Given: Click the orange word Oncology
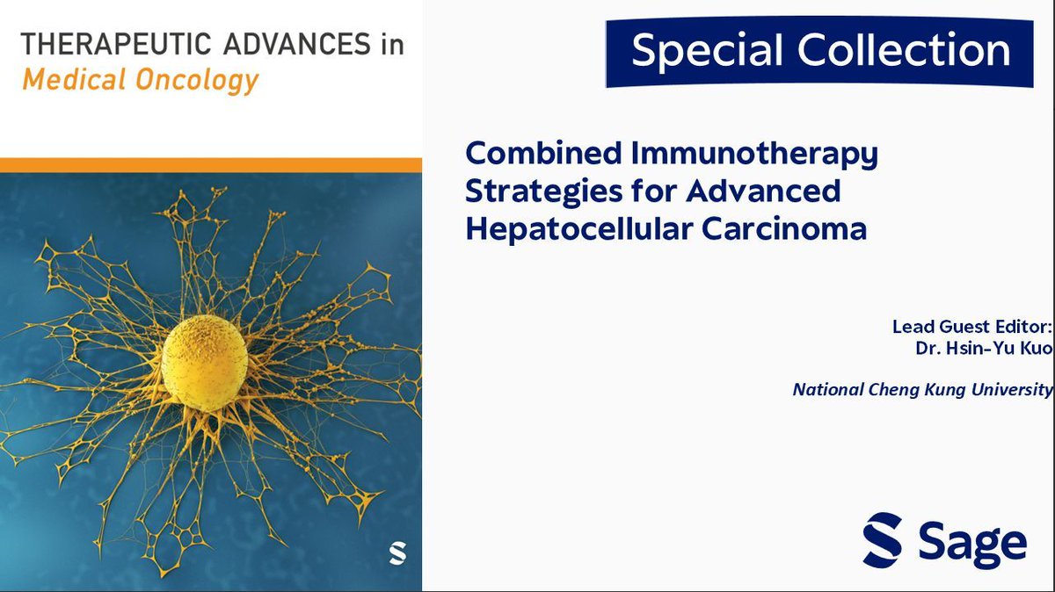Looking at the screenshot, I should (193, 81).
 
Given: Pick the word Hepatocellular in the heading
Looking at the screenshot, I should (580, 228).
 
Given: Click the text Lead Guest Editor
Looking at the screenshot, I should (971, 327).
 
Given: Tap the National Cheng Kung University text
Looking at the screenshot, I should (922, 388).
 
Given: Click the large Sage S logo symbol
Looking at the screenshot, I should (882, 539).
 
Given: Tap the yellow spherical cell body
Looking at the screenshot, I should (204, 363).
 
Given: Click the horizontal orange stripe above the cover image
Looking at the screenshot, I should (211, 165).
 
